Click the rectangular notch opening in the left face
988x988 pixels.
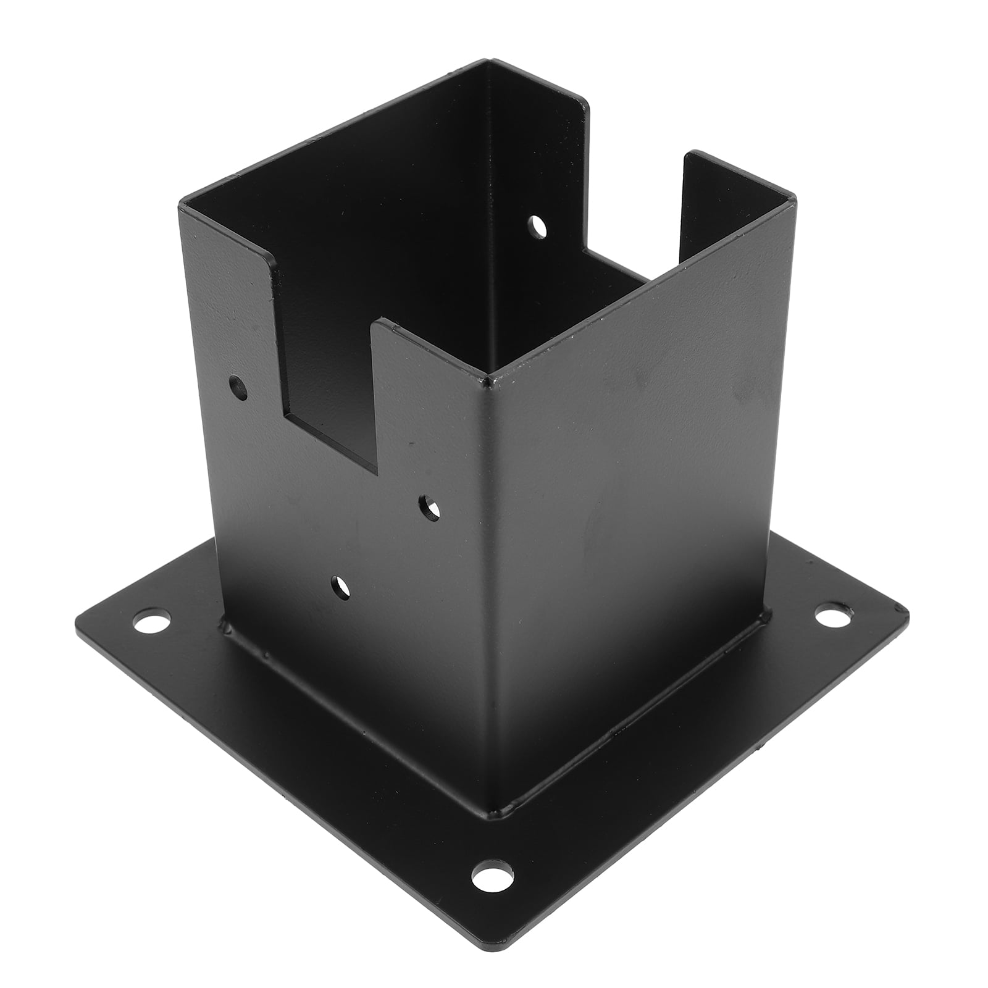[327, 383]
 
